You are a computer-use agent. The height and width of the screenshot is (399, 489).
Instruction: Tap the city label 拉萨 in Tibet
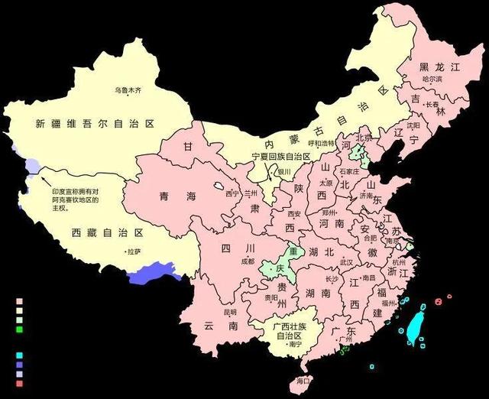pos(134,251)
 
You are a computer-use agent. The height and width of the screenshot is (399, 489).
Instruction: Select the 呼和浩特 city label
pos(321,142)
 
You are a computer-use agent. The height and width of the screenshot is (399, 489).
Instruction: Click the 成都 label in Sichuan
pos(247,261)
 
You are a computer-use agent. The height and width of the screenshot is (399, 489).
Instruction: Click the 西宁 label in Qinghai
pos(232,193)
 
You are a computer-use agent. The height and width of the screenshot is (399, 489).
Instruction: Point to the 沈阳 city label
pos(413,125)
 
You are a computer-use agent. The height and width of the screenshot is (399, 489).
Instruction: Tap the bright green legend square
pos(20,329)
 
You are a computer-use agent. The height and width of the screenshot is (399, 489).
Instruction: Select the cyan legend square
pos(20,356)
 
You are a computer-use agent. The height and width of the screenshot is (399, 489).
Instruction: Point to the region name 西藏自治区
pos(108,232)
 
